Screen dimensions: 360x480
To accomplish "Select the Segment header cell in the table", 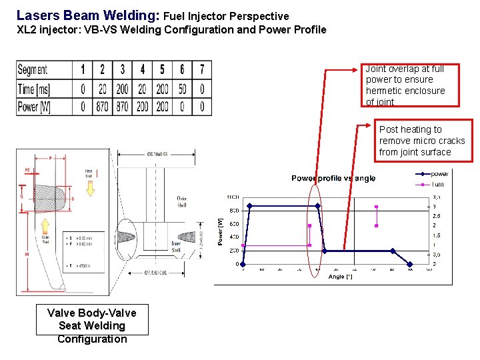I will pyautogui.click(x=33, y=70).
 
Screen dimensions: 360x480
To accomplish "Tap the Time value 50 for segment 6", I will pyautogui.click(x=182, y=89).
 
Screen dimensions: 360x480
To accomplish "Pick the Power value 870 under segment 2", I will pyautogui.click(x=102, y=107).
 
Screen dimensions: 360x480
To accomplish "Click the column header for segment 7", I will pyautogui.click(x=201, y=70).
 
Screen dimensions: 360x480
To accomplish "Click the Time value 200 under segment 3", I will pyautogui.click(x=122, y=89).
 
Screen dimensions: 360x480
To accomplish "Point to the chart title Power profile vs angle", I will pyautogui.click(x=333, y=178).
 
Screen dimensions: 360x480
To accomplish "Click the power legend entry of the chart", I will pyautogui.click(x=439, y=174).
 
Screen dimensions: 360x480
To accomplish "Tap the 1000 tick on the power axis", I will pyautogui.click(x=233, y=197).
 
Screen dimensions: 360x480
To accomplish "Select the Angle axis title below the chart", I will pyautogui.click(x=340, y=276).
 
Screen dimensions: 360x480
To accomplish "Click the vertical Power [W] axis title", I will pyautogui.click(x=221, y=231).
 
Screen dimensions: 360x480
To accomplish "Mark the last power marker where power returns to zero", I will pyautogui.click(x=410, y=264).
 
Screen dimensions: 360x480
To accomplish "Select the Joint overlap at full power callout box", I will pyautogui.click(x=411, y=85).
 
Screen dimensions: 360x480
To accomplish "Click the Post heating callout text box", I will pyautogui.click(x=425, y=141).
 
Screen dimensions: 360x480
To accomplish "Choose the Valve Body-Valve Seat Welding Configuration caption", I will pyautogui.click(x=92, y=326).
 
